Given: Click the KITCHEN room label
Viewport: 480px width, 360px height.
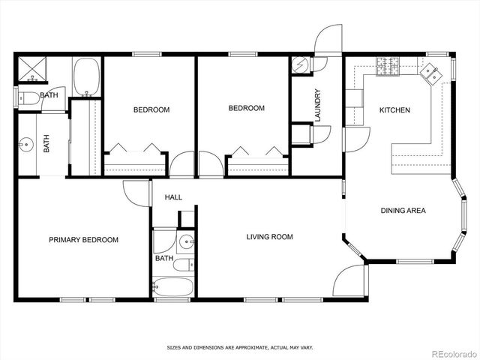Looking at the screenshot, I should tap(394, 110).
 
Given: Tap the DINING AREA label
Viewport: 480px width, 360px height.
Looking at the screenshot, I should tap(403, 211).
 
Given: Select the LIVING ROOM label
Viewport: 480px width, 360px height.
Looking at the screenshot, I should tap(269, 237).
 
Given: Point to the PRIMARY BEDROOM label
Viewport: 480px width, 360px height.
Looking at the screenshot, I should tap(83, 240).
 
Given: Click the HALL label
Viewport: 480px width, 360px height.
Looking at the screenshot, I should tap(173, 197).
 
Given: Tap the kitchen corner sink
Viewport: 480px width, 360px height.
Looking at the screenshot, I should tap(430, 73).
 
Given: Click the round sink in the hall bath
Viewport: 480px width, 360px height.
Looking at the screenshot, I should tap(186, 241).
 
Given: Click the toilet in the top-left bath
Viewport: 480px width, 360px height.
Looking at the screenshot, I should tap(28, 97).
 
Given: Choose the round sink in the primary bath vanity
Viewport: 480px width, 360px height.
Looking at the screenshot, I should tap(27, 143).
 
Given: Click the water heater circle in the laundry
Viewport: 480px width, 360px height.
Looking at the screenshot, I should tap(300, 65).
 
